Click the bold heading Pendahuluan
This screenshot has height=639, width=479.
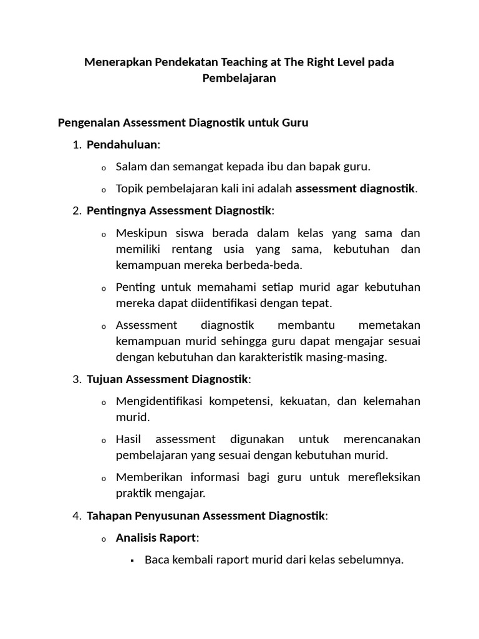[x=122, y=145]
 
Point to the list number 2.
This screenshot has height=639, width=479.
[x=77, y=211]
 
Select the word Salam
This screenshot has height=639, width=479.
[x=130, y=167]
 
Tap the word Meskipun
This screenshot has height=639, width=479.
[x=140, y=233]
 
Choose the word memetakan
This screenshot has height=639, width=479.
[x=389, y=325]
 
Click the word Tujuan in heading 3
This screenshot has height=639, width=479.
[x=105, y=379]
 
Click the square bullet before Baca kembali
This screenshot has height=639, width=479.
[x=133, y=560]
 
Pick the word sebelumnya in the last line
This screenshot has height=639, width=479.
[x=372, y=560]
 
